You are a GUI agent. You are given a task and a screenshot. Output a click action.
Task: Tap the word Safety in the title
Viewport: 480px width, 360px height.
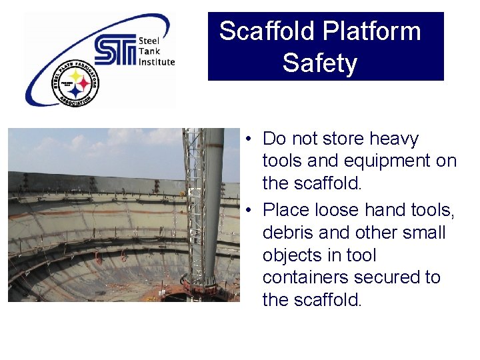(319, 63)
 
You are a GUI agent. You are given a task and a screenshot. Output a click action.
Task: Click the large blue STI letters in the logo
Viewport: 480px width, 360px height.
(115, 51)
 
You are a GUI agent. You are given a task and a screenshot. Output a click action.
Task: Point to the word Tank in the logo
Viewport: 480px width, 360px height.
(148, 51)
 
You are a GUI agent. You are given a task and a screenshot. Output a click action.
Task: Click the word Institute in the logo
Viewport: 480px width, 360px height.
(157, 62)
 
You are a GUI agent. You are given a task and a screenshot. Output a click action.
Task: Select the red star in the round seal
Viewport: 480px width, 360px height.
(83, 85)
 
